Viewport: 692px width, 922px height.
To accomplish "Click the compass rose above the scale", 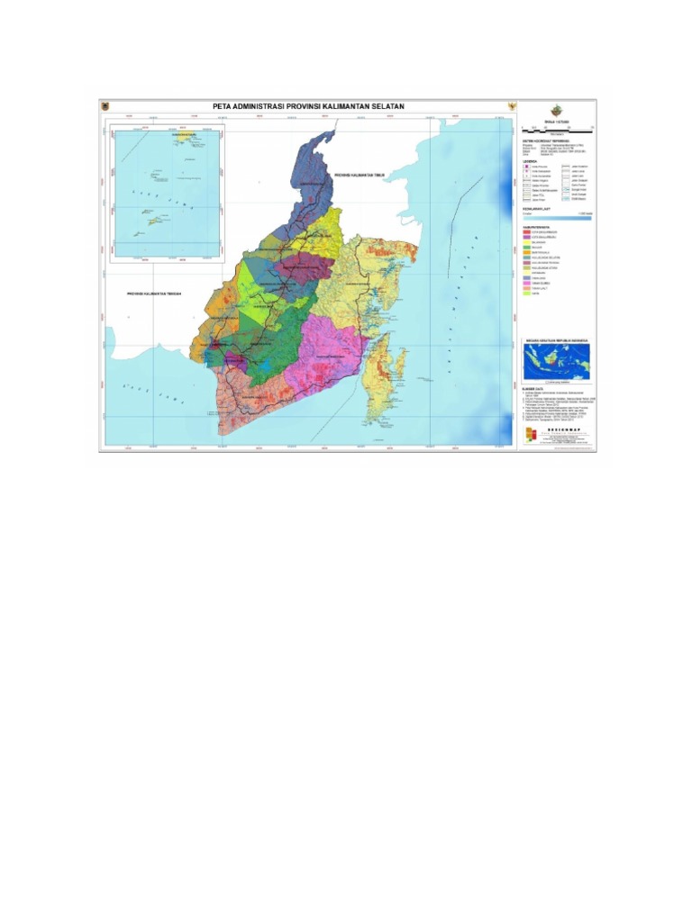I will tap(556, 111).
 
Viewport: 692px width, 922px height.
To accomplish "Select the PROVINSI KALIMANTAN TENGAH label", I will tap(156, 294).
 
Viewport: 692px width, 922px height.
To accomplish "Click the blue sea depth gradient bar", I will tap(556, 217).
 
